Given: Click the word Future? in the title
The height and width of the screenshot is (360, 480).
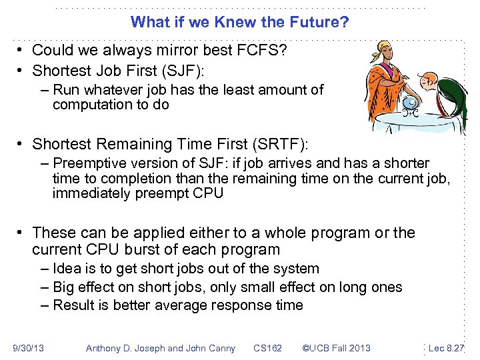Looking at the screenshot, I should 321,22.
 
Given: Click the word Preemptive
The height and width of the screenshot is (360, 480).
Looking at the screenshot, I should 87,163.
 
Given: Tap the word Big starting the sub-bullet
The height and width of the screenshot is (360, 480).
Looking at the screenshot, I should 65,287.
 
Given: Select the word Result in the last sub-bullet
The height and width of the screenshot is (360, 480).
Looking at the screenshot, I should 73,305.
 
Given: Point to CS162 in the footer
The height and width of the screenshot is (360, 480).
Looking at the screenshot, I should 267,348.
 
